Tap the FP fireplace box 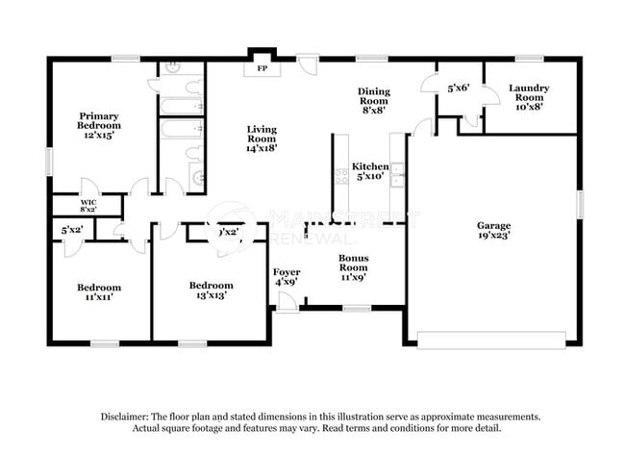coord(262,68)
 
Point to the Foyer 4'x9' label coord(287,276)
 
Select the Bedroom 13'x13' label coord(211,291)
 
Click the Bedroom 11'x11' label coord(99,292)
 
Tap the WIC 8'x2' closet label coord(87,205)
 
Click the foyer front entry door coord(287,301)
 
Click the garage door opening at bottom coord(492,340)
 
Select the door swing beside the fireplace coord(307,64)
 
